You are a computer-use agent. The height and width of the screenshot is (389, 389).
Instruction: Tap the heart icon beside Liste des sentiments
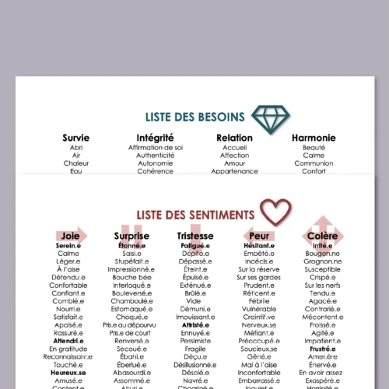275,211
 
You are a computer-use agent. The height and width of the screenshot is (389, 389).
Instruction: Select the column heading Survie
75,138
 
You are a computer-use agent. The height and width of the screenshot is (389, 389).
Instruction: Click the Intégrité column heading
156,138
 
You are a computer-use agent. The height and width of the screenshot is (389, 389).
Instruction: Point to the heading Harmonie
314,138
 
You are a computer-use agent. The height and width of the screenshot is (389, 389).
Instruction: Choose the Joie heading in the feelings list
70,235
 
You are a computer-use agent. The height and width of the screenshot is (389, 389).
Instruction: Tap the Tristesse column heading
194,235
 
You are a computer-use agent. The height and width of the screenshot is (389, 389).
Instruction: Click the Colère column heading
322,235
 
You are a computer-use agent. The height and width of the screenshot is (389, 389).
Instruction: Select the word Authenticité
156,155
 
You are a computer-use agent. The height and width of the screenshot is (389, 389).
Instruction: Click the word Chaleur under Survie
75,163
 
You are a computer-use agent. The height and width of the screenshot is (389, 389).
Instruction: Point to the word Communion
314,163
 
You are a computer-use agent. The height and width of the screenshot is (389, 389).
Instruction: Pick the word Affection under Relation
235,155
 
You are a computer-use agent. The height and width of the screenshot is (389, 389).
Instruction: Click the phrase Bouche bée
131,277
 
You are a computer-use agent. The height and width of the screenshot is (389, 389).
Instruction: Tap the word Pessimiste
194,341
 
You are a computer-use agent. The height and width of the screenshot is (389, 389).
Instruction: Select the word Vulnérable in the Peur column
259,309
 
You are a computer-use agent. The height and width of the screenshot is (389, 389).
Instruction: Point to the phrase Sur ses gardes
259,277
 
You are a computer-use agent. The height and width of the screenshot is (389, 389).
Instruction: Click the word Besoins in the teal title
221,117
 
